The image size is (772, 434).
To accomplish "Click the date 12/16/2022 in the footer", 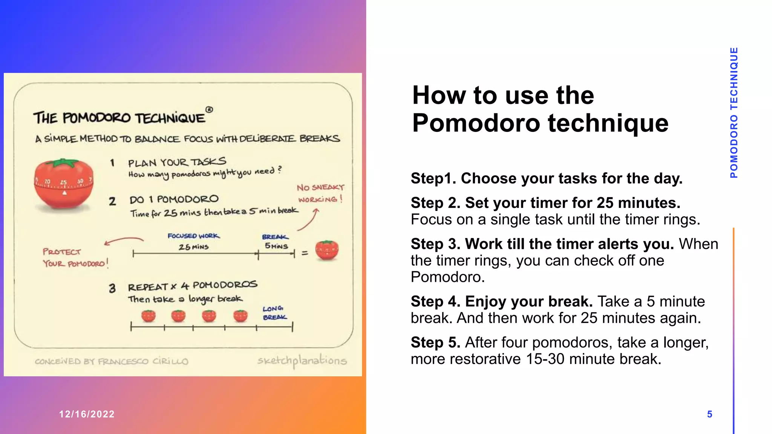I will pos(87,414).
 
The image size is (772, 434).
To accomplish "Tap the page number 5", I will pos(709,414).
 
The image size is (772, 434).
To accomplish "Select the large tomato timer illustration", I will pos(63,184).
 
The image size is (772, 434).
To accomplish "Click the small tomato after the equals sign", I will pos(327,250).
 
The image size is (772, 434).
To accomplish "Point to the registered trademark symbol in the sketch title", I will pos(209,110).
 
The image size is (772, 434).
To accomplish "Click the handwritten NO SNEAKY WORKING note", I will pos(320,193).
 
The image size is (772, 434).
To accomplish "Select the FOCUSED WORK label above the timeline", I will pos(193,236).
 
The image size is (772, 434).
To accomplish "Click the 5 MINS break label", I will pos(276,246).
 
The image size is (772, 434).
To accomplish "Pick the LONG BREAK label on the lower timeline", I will pos(274,313).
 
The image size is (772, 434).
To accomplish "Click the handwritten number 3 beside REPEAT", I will pos(112,289).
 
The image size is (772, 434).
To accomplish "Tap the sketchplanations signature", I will pos(302,361).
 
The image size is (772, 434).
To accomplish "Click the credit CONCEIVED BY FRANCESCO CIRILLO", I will pos(111,361).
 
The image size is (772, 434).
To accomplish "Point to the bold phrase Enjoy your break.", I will pos(528,301).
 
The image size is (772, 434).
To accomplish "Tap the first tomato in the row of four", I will pos(149,316).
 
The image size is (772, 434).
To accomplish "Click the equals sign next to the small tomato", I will pos(305,253).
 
